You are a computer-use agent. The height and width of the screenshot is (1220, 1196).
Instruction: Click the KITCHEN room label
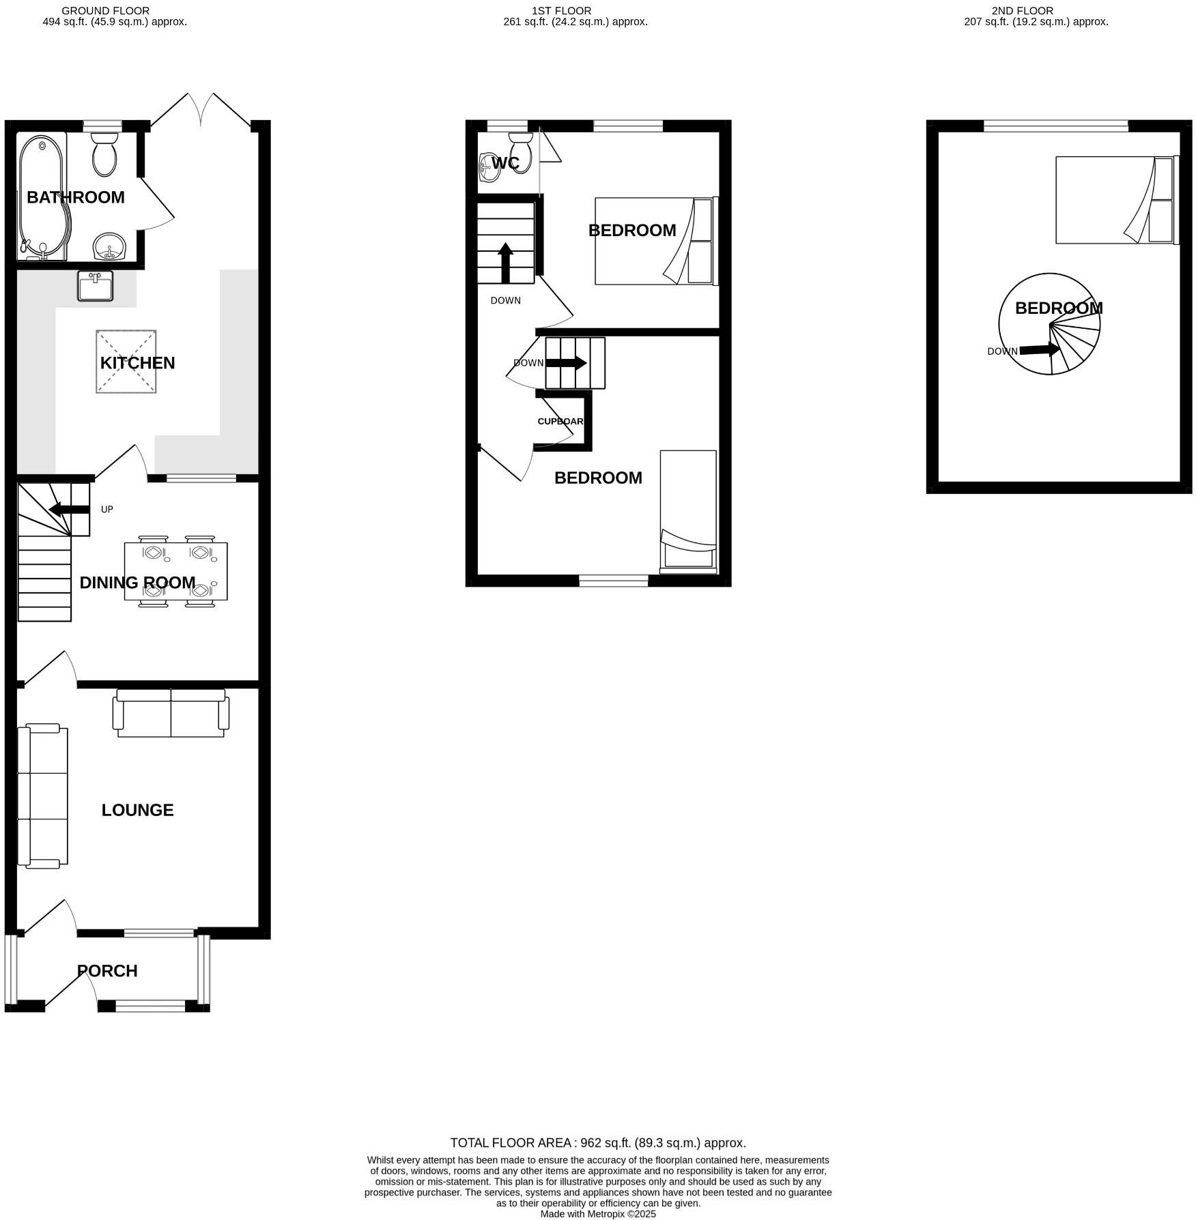137,363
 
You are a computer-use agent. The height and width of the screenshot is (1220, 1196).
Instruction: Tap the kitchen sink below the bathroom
96,287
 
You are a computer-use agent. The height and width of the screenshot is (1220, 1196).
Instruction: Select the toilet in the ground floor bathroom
104,155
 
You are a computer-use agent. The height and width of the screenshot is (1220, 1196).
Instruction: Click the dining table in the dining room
176,571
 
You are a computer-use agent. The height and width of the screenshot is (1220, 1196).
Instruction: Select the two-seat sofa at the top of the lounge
171,713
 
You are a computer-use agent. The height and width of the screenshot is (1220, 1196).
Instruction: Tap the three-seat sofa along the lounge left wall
42,796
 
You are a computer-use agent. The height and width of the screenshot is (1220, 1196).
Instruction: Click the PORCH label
107,970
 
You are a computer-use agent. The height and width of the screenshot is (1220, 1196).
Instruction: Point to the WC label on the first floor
505,163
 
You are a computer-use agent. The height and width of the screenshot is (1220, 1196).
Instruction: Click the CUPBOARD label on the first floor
560,421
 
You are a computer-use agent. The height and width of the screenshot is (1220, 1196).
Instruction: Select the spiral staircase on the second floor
1049,324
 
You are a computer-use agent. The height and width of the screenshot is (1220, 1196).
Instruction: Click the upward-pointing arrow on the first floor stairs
505,263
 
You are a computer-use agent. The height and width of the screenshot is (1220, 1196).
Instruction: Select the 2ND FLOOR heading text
1022,11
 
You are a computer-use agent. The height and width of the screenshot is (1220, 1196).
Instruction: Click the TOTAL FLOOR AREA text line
597,1143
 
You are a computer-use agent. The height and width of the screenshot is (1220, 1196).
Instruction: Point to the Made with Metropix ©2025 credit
597,1214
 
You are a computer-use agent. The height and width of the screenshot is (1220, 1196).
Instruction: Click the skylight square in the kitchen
126,362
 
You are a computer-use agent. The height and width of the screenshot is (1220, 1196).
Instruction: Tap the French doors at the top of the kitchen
201,111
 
